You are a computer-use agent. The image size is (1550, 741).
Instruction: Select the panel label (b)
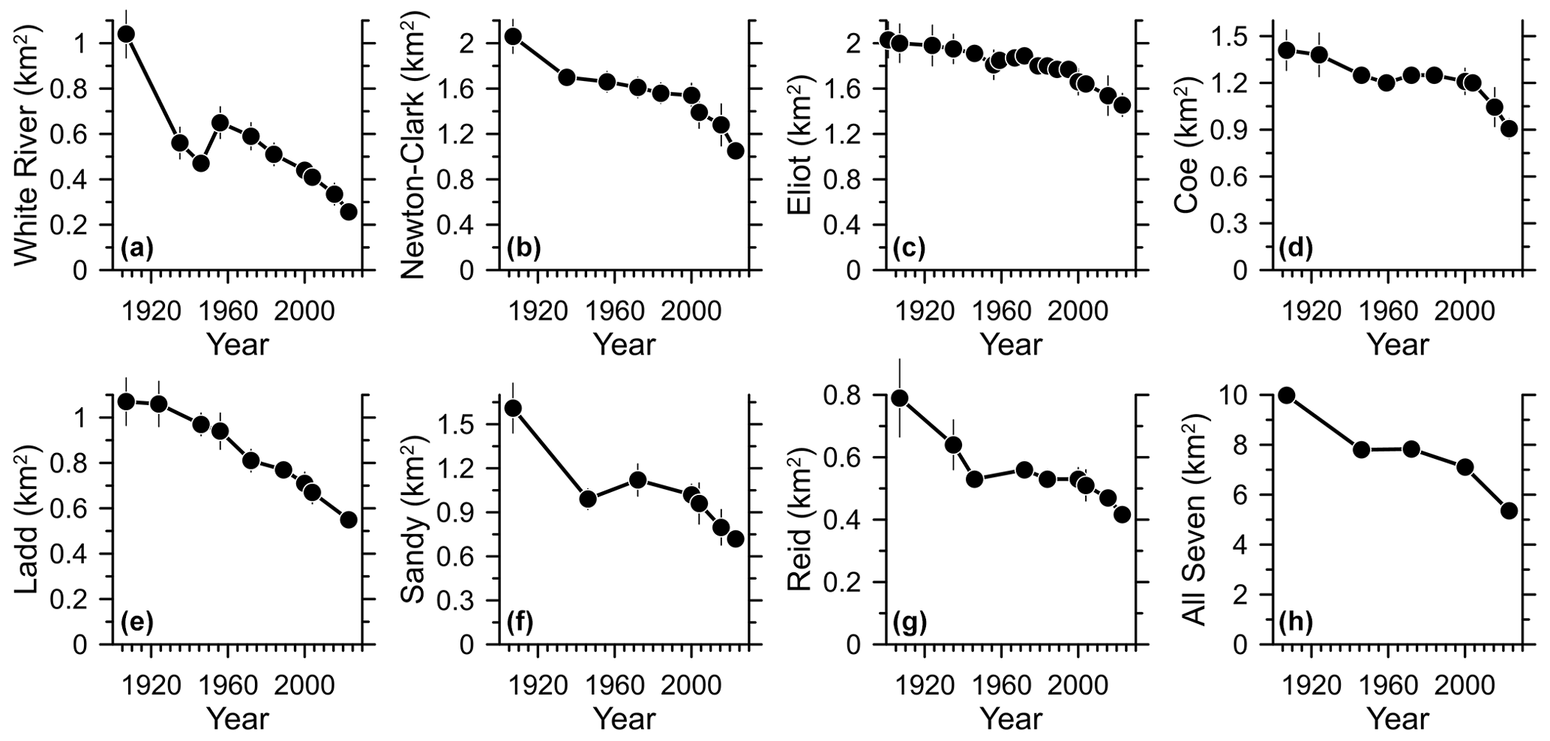point(523,248)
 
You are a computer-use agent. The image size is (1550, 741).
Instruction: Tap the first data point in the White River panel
point(127,34)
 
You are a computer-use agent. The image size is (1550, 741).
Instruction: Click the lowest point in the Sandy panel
point(736,538)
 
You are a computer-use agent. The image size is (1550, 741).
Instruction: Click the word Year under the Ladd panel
point(238,718)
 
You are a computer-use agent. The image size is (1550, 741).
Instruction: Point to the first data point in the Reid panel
point(900,397)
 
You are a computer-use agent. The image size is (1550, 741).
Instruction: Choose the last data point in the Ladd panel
point(348,520)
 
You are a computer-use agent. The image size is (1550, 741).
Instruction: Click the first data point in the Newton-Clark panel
point(513,36)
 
